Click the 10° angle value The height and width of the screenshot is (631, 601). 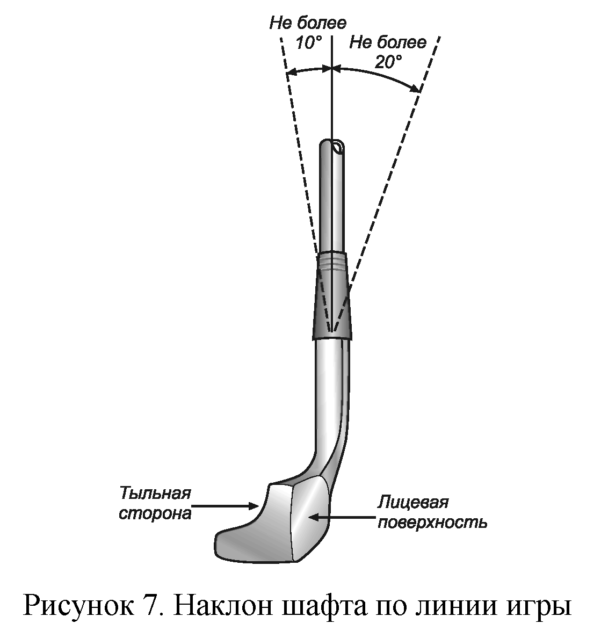[x=308, y=43]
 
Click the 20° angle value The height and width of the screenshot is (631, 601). [x=388, y=62]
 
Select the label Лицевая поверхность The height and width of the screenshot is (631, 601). [x=432, y=512]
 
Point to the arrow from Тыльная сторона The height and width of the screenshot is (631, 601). [x=226, y=505]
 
